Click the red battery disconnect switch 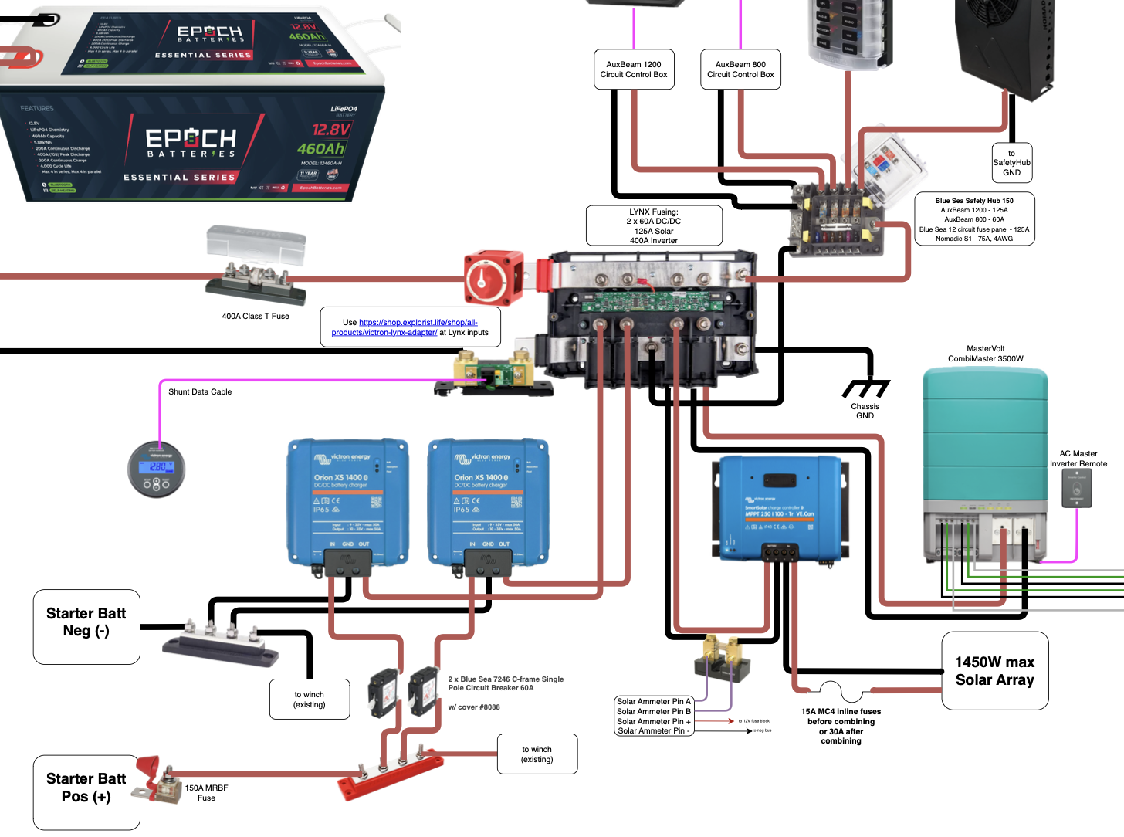492,278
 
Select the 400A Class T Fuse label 256,317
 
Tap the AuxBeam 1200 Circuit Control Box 634,69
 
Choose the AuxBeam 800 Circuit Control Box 740,69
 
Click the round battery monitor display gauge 157,469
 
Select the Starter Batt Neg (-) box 86,626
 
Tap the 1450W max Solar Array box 995,671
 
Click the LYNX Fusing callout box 654,225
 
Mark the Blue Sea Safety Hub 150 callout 974,219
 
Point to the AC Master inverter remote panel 1077,488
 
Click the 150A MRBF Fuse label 206,793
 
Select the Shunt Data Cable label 200,392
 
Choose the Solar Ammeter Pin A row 653,702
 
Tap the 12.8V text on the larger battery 331,129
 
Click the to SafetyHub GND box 1011,163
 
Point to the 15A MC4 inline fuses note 841,726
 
